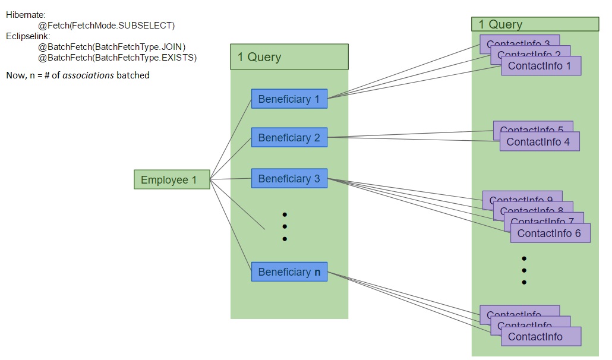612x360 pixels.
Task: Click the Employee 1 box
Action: [x=172, y=179]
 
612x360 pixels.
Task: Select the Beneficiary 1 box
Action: [x=289, y=99]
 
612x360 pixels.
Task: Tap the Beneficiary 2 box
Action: [x=289, y=138]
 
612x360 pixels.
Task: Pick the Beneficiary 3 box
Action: [x=289, y=179]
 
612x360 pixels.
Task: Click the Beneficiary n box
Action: [x=289, y=272]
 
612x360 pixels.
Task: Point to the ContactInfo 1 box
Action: [x=540, y=66]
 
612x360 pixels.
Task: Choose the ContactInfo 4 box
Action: [x=538, y=142]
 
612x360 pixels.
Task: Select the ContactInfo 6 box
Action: [x=550, y=233]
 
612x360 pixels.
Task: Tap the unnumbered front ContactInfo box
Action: [x=540, y=337]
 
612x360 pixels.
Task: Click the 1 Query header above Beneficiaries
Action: [x=289, y=57]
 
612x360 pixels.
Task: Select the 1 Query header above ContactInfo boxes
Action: [x=534, y=24]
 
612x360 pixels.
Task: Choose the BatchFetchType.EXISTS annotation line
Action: [x=117, y=58]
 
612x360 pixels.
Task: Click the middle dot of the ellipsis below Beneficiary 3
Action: [x=285, y=226]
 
